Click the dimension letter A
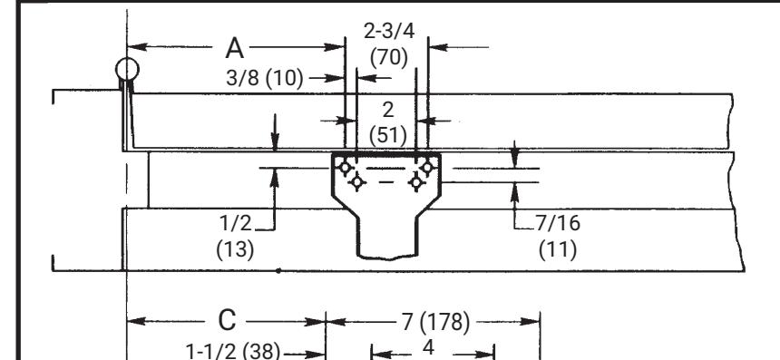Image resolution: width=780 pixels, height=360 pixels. tap(235, 49)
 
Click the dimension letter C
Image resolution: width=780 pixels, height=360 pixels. tap(227, 321)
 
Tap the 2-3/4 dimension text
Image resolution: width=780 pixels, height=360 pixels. tap(389, 31)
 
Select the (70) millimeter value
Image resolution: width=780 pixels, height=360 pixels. tap(389, 57)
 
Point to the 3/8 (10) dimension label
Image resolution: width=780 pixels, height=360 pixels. tap(264, 78)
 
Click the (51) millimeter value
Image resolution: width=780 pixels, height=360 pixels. tap(388, 135)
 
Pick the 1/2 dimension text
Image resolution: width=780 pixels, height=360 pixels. tap(236, 223)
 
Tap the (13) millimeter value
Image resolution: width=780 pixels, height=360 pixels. tap(235, 249)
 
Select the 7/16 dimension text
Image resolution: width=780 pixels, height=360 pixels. tap(558, 223)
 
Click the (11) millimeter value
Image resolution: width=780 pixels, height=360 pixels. tap(558, 249)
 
